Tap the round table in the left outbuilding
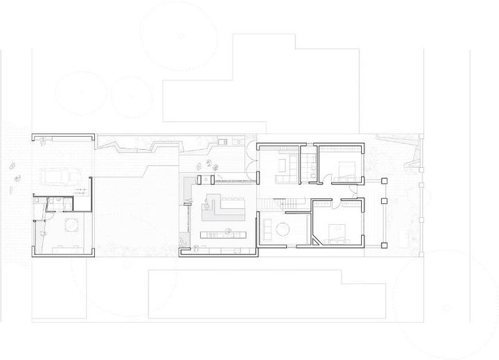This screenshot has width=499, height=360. (x=70, y=225)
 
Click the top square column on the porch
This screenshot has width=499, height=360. (x=384, y=181)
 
